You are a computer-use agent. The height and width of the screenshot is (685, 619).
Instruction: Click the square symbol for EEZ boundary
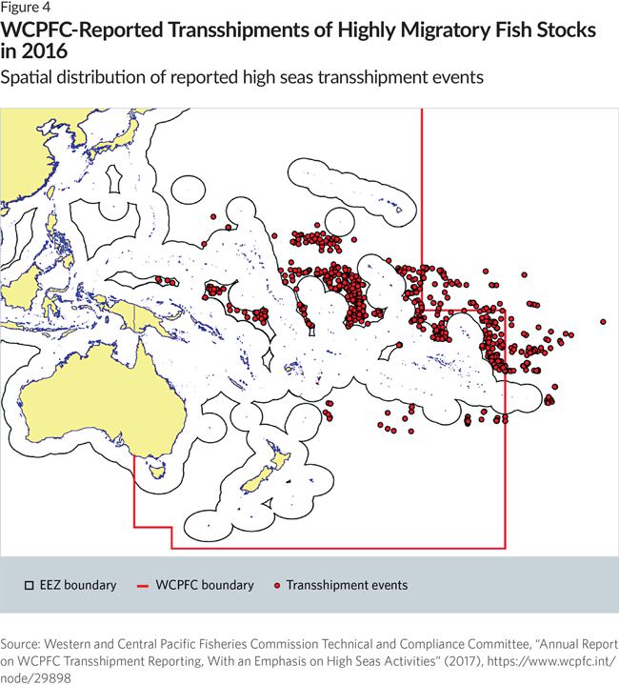(30, 585)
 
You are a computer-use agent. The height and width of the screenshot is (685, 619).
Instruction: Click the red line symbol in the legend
(146, 585)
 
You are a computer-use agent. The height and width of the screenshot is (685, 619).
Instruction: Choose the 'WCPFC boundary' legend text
(208, 585)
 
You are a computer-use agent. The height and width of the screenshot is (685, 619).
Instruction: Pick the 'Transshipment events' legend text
(347, 585)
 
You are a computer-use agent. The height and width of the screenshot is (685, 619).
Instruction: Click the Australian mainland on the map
(76, 400)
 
